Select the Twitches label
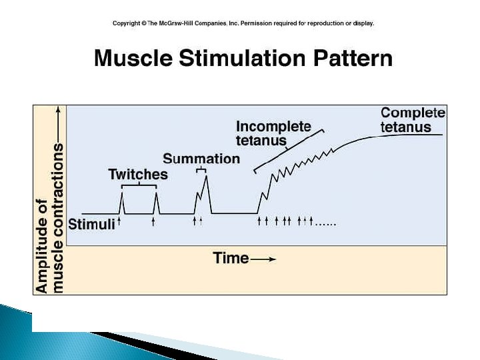tap(138, 175)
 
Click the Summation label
tap(201, 159)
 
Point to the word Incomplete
tap(273, 127)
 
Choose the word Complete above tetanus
tap(413, 113)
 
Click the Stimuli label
tap(92, 224)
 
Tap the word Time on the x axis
tap(231, 258)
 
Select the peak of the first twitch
tap(122, 193)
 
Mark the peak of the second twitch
tap(155, 193)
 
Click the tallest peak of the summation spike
tap(207, 175)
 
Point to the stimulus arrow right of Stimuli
tap(120, 222)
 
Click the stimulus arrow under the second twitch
tap(154, 222)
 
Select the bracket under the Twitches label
tap(139, 186)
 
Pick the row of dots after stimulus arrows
tap(326, 223)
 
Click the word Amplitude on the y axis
tap(42, 246)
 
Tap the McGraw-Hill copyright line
tap(243, 23)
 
